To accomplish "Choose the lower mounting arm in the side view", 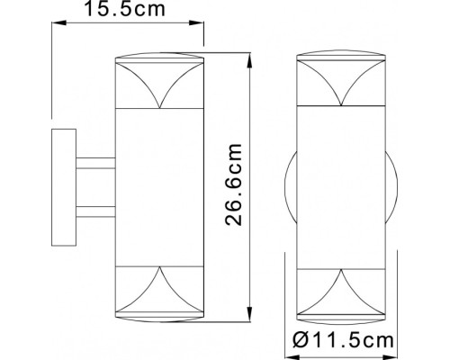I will (94, 212).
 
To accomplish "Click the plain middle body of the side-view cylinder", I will (159, 188).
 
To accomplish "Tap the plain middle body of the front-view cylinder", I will (341, 188).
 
